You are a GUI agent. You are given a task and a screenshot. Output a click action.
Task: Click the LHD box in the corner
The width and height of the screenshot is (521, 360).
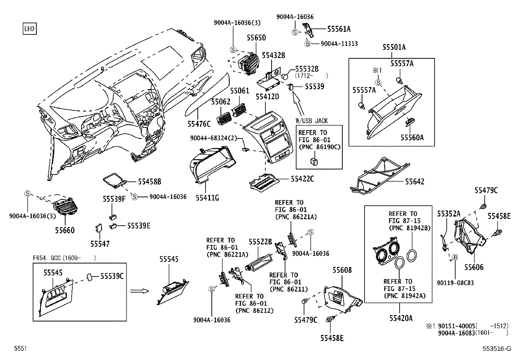tap(29, 29)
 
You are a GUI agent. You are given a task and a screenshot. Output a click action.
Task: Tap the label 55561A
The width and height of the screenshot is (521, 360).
tap(339, 29)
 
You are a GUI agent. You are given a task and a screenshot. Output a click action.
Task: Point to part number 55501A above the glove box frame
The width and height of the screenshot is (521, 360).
tap(394, 47)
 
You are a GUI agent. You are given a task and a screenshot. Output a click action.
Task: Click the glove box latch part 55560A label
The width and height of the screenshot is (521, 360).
tap(412, 138)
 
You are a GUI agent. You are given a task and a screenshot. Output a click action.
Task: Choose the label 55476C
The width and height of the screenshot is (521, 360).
tap(199, 124)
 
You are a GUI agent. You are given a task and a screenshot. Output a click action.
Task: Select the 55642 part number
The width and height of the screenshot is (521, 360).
tap(414, 181)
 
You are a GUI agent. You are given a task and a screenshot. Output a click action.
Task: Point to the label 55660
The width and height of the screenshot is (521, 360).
tap(64, 230)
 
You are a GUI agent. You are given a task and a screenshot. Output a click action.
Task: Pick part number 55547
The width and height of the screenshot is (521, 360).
tap(100, 244)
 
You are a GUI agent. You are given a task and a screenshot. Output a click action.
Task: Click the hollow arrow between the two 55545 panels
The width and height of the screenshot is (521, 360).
tap(139, 291)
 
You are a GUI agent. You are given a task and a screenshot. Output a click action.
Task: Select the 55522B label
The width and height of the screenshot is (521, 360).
tap(260, 242)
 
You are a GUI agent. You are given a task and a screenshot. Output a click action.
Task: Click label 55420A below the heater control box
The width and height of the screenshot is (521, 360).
tap(401, 318)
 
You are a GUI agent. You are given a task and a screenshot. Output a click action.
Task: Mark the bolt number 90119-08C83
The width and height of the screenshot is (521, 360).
tap(455, 283)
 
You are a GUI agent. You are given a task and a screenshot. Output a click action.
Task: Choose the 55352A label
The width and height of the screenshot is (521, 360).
tap(449, 214)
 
